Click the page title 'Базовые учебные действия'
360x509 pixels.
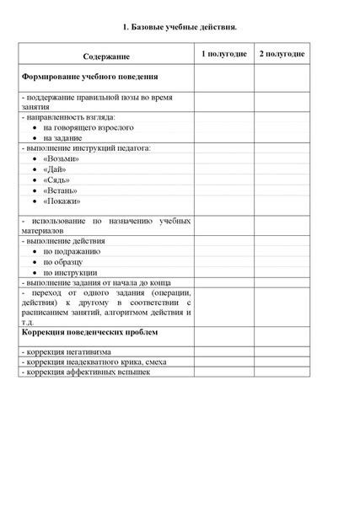179,28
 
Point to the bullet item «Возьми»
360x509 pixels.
61,158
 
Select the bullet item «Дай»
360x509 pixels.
56,169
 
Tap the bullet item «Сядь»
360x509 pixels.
56,179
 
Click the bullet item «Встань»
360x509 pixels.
60,190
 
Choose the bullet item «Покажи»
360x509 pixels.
62,201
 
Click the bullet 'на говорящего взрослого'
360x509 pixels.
88,127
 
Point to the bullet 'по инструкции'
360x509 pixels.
70,273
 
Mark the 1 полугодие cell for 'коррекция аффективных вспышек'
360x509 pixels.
223,372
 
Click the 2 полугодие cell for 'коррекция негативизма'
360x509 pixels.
282,351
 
